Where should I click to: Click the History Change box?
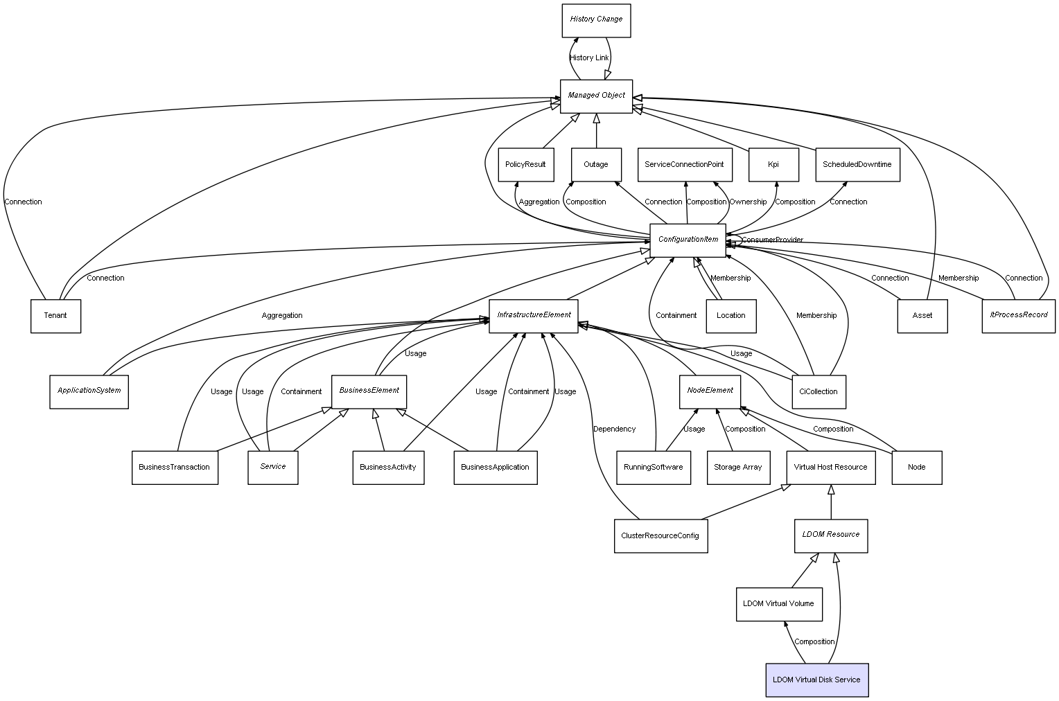coord(596,20)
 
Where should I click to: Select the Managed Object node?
coord(596,96)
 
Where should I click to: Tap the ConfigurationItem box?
coord(688,240)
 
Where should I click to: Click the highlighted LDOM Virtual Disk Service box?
coord(816,680)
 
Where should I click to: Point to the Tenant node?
coord(55,316)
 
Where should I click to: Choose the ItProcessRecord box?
coord(1018,315)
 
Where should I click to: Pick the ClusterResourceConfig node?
coord(660,536)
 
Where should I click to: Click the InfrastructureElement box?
coord(533,316)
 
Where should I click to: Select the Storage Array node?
coord(737,468)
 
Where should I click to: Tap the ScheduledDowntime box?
coord(857,165)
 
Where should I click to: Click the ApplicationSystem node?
coord(89,391)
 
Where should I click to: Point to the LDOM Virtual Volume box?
coord(778,604)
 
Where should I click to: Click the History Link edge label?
coord(589,58)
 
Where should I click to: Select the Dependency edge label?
coord(614,429)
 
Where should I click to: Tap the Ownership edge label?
coord(748,202)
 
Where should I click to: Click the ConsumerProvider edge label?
coord(773,240)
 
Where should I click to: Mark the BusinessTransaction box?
coord(175,468)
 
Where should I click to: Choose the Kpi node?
coord(773,165)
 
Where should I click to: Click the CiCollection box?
coord(818,392)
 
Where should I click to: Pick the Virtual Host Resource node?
coord(830,468)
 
